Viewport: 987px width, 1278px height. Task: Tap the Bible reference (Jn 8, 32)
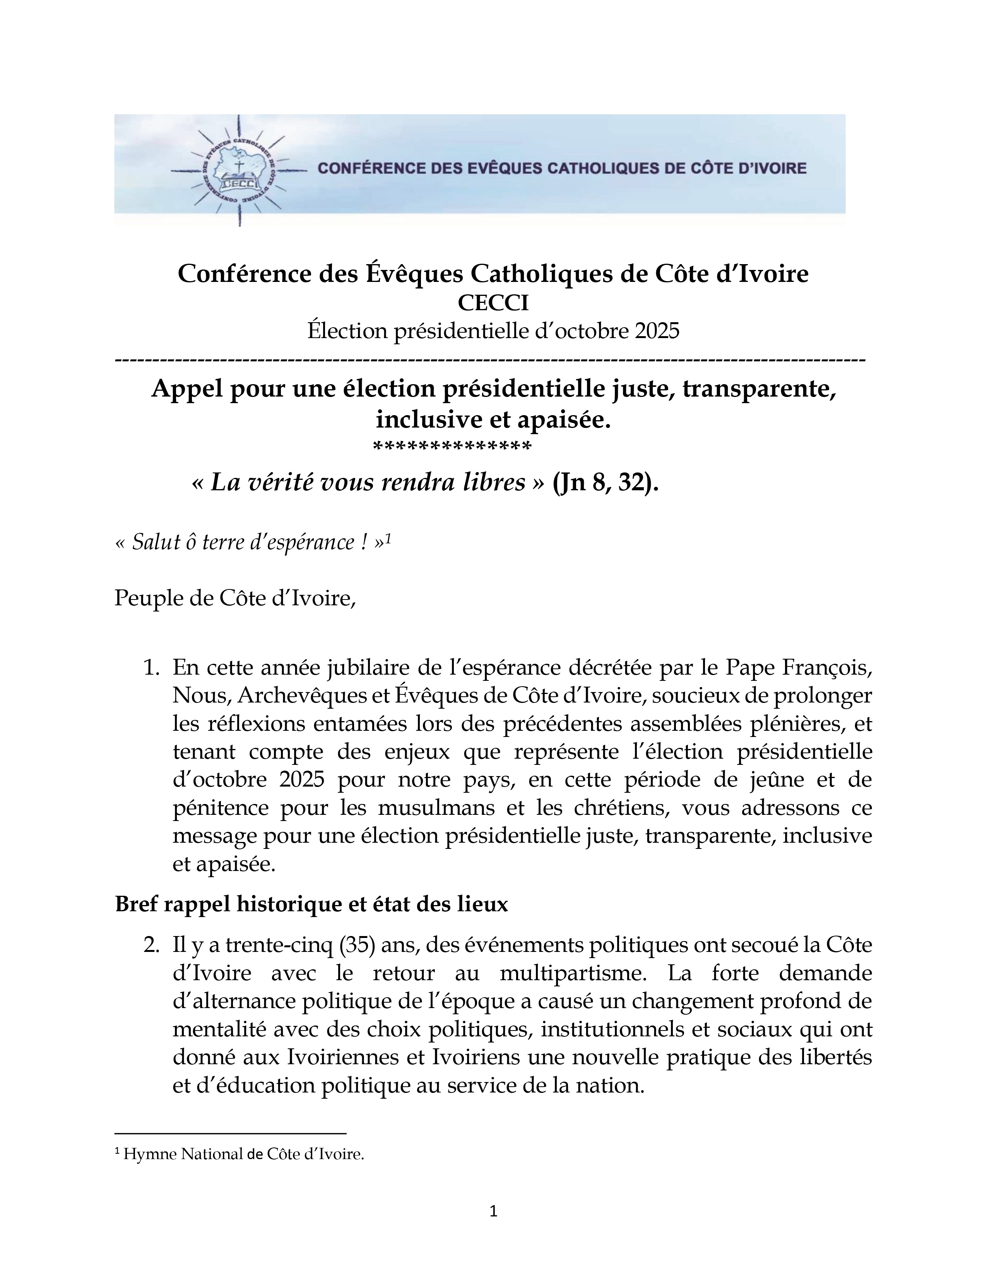point(605,483)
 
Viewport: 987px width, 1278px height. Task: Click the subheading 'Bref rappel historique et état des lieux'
point(311,904)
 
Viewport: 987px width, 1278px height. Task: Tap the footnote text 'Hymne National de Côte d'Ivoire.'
point(244,1154)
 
